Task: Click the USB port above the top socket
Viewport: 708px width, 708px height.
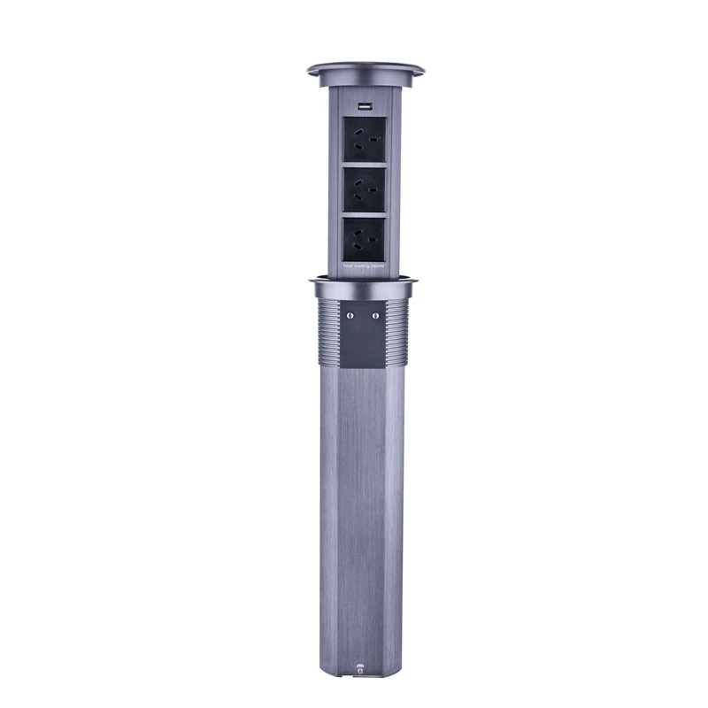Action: click(x=363, y=107)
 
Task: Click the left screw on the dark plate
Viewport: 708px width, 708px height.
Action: click(x=350, y=314)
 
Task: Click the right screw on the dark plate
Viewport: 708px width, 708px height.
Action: click(x=375, y=314)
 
